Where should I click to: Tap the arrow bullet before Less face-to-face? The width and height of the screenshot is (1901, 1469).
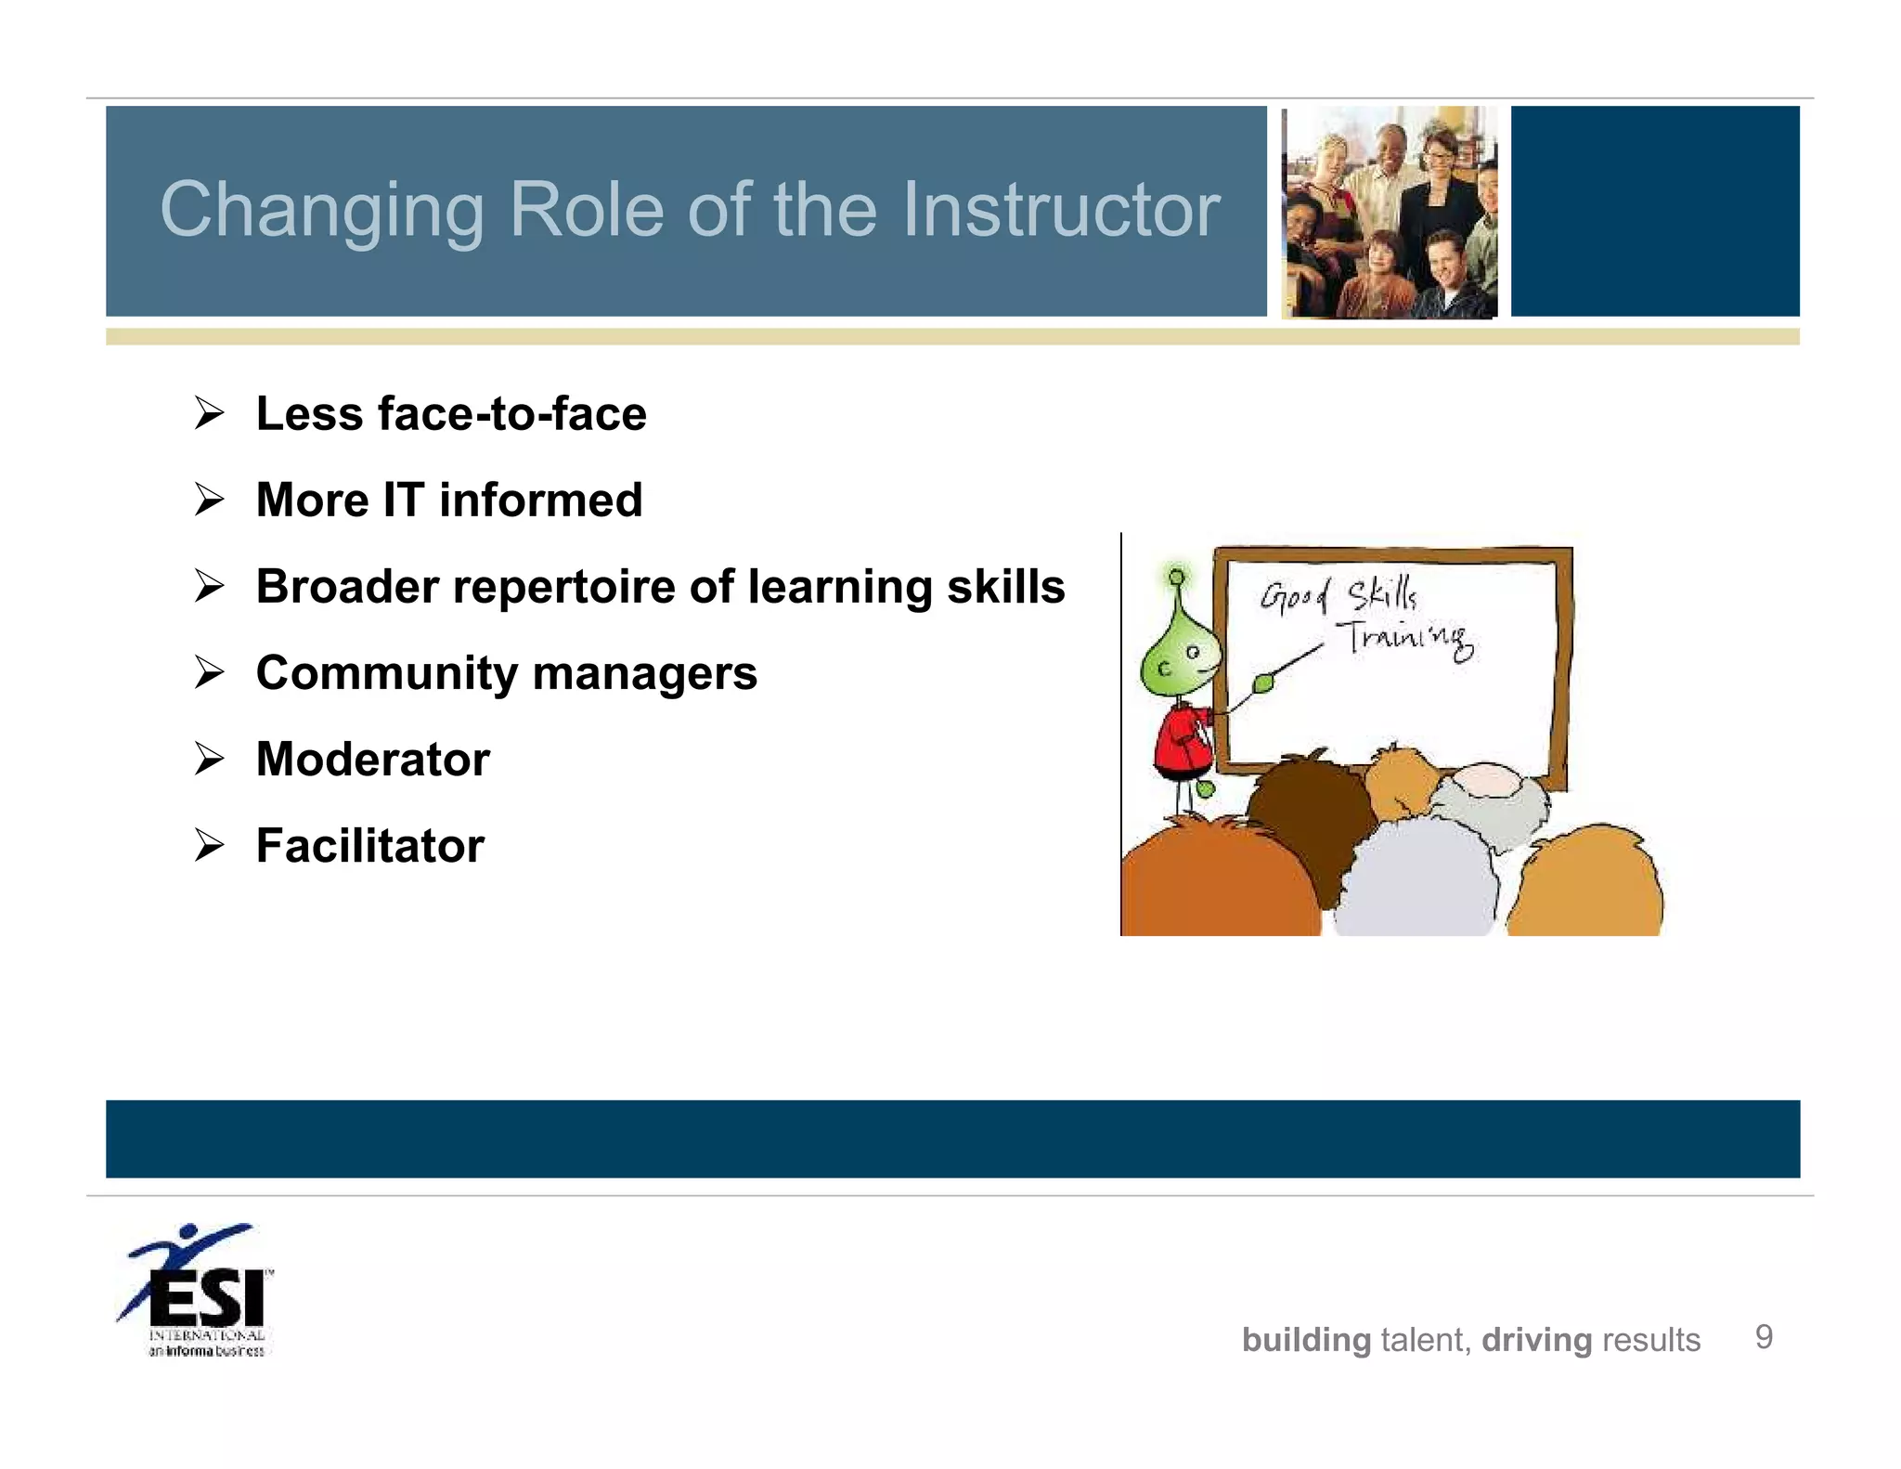pos(210,413)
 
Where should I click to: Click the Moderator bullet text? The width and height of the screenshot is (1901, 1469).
pos(372,760)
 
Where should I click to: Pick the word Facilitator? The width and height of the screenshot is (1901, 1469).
pos(369,846)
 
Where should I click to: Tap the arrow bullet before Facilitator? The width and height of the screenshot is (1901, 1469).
pos(210,846)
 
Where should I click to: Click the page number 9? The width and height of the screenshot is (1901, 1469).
pos(1764,1337)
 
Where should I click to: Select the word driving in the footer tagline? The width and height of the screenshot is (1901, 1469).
pos(1536,1340)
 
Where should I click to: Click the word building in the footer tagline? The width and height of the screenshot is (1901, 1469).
pos(1306,1340)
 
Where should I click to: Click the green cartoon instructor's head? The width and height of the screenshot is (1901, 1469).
pos(1178,656)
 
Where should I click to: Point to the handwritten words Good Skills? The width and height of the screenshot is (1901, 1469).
pos(1338,594)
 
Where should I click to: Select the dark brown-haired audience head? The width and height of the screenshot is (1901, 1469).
pos(1311,799)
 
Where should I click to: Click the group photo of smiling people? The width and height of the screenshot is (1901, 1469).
pos(1389,212)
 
